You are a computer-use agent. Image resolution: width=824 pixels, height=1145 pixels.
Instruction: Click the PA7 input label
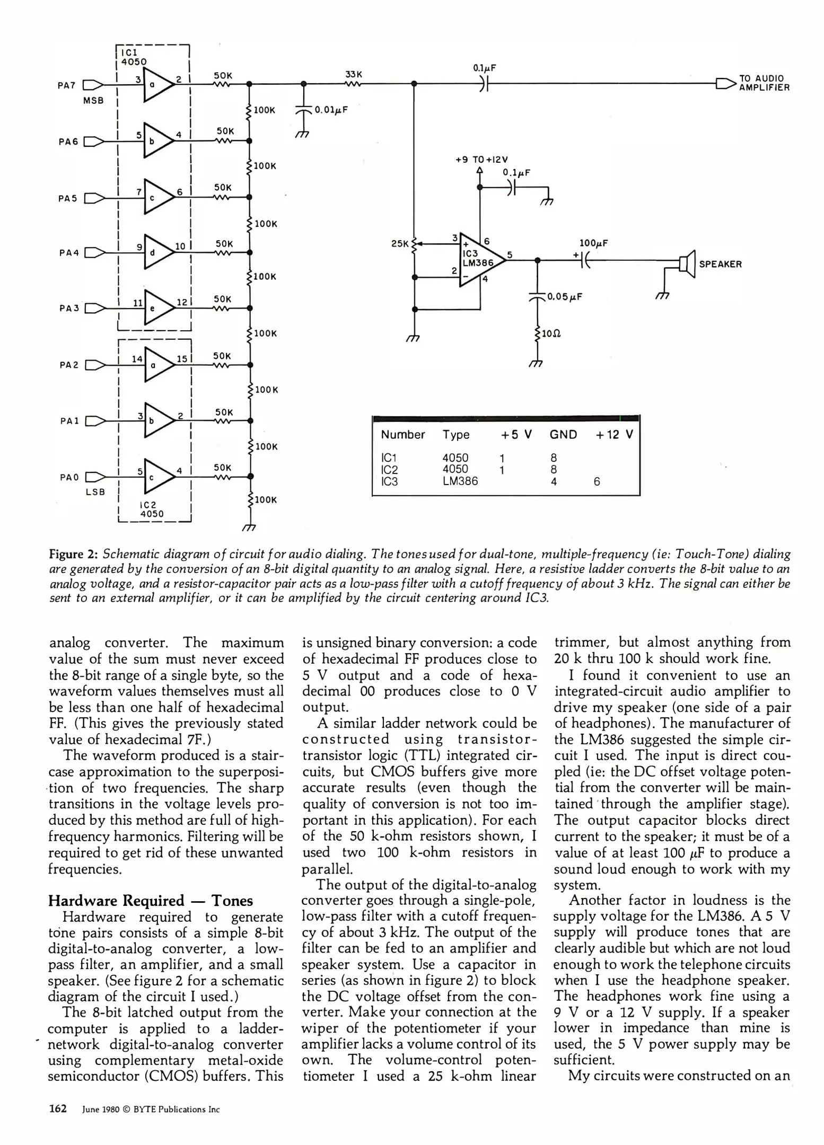coord(66,85)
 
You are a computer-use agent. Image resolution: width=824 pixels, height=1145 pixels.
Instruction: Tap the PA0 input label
coord(69,477)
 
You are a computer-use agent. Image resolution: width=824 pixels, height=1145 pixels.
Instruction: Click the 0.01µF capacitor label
coord(331,110)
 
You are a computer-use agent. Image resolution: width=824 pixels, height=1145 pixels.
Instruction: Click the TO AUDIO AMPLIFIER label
coord(764,83)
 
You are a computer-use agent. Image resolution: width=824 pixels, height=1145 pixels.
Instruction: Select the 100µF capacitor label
coord(593,243)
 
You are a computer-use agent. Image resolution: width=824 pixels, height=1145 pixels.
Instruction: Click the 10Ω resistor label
coord(551,334)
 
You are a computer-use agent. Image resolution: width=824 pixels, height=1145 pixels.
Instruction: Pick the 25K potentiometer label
coord(400,244)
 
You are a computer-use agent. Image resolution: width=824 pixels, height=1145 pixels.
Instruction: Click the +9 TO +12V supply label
coord(481,159)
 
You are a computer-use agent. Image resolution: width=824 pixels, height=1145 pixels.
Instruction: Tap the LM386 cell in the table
coord(460,481)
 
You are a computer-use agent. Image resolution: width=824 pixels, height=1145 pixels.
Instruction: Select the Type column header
coord(456,435)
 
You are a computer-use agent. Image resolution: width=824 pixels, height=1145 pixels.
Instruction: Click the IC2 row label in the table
coord(389,470)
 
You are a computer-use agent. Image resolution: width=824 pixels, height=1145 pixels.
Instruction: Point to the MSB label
coord(93,101)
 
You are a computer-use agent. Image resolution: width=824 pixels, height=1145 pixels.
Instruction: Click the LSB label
coord(95,492)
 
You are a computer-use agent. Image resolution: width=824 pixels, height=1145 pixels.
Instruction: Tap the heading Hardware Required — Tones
coord(151,901)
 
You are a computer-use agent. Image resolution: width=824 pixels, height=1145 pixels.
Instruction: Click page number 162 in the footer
coord(58,1109)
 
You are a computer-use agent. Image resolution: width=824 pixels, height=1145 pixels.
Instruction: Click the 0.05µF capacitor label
coord(564,296)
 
